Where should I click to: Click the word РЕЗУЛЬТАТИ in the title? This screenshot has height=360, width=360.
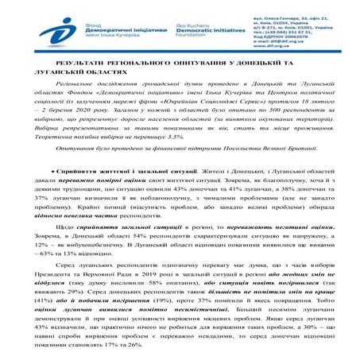92,63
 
